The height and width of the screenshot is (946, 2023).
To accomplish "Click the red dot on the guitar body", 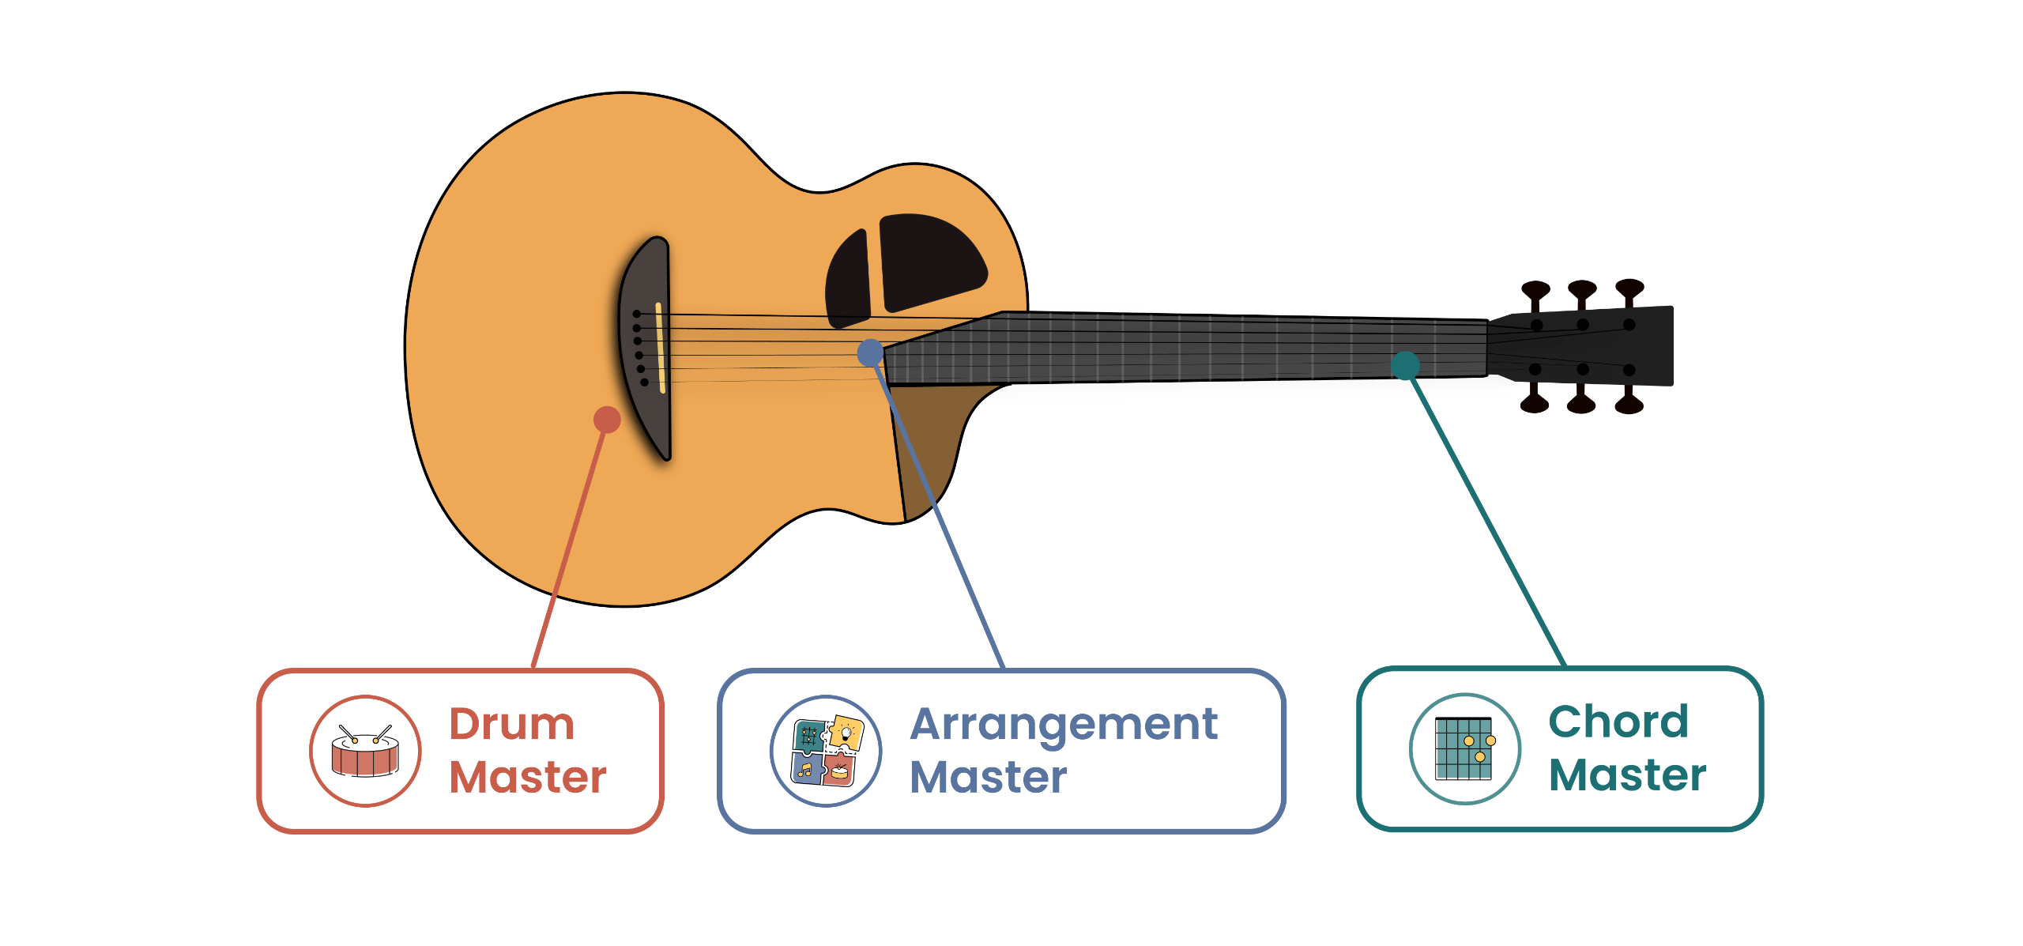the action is point(607,420).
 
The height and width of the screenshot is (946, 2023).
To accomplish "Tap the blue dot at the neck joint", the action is point(870,352).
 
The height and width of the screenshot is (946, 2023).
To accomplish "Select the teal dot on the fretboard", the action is point(1405,365).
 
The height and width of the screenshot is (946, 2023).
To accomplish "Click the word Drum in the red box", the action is point(512,724).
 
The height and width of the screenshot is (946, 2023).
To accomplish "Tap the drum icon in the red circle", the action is point(365,751).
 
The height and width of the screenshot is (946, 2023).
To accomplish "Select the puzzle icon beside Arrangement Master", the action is point(827,751).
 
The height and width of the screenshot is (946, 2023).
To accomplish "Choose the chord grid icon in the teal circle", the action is point(1465,748).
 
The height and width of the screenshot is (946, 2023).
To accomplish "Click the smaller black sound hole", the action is point(847,279).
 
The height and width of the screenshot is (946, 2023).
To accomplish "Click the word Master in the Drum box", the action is point(528,777).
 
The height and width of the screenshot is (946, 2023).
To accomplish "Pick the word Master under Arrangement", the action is point(989,777).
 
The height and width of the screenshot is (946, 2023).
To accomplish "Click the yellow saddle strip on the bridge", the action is point(660,348).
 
